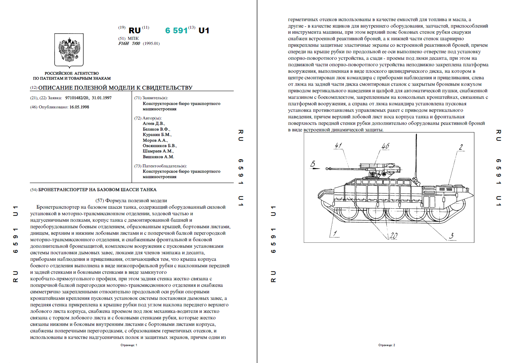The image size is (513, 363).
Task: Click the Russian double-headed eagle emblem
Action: click(69, 50)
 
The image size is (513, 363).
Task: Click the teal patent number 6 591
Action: click(176, 31)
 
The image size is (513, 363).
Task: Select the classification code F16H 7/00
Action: click(129, 44)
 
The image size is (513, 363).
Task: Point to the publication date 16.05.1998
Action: click(79, 107)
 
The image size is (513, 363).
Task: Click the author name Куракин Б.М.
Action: click(157, 135)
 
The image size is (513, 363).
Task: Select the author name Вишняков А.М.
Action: click(158, 157)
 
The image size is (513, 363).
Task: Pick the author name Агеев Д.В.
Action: click(154, 124)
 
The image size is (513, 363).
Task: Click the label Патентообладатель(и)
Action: click(164, 166)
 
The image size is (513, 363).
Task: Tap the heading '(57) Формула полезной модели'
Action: click(131, 200)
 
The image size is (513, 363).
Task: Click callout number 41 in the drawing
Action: click(338, 146)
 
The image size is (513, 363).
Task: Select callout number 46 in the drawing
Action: click(385, 146)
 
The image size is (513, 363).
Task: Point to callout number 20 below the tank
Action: click(394, 236)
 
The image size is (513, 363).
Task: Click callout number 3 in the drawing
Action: click(451, 235)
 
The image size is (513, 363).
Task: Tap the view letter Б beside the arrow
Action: click(313, 164)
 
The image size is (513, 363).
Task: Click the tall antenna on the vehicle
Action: click(416, 153)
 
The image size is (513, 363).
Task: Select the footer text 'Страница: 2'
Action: click(387, 345)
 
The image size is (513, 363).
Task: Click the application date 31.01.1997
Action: click(102, 98)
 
